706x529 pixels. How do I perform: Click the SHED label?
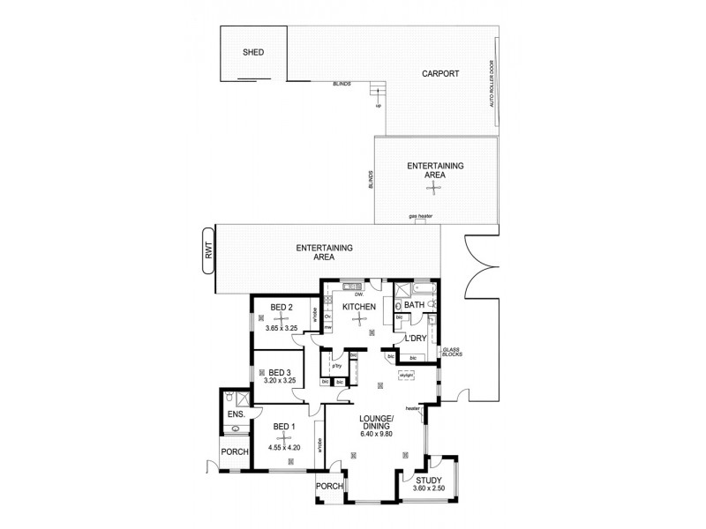point(253,53)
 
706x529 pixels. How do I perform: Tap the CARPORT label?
point(439,74)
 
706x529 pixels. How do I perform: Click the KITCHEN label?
point(360,306)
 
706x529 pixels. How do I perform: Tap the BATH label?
point(415,305)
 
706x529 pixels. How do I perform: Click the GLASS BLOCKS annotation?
point(451,353)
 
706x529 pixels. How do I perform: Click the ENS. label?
point(235,414)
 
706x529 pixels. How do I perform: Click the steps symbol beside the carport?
point(379,90)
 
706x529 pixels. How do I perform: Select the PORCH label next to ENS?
point(235,452)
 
